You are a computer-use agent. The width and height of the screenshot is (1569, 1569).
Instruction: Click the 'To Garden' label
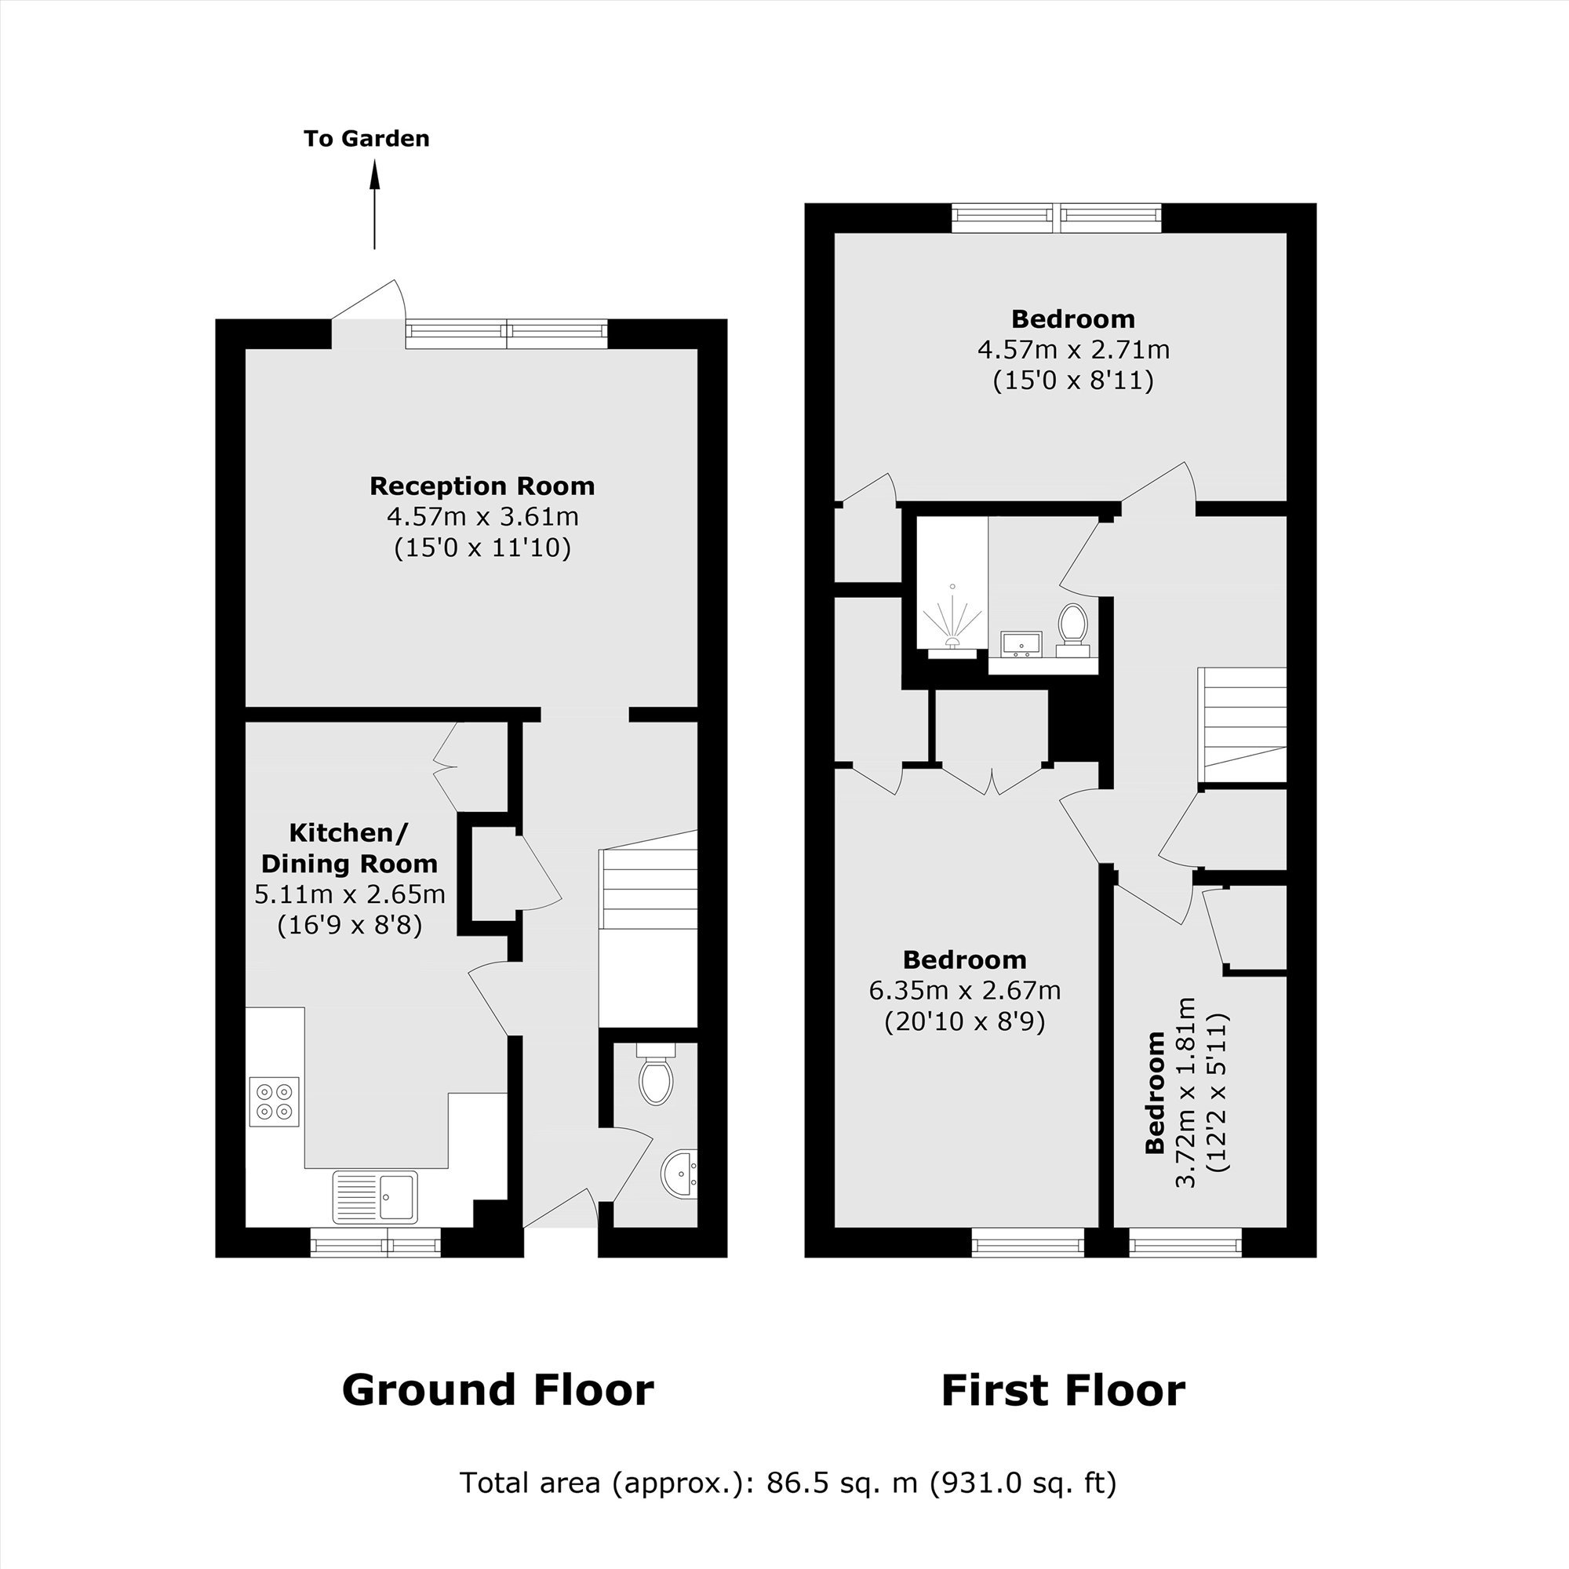click(x=366, y=139)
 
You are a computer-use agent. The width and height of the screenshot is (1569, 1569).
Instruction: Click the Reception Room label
click(x=482, y=486)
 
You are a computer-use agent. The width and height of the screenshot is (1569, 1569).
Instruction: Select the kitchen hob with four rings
click(x=275, y=1101)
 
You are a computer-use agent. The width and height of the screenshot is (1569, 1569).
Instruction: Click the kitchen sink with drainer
click(x=374, y=1196)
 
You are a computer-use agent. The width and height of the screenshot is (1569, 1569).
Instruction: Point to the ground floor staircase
click(x=648, y=929)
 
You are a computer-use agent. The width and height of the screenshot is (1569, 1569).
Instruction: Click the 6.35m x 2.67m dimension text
click(x=965, y=991)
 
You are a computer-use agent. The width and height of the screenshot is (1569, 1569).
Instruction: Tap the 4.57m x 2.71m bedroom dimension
click(x=1074, y=350)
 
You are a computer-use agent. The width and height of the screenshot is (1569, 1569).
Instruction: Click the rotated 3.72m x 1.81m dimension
click(x=1186, y=1092)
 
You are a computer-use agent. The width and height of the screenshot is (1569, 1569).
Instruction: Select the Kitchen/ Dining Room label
click(x=349, y=848)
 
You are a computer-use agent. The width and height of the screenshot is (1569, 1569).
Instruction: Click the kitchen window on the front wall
click(x=376, y=1243)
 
